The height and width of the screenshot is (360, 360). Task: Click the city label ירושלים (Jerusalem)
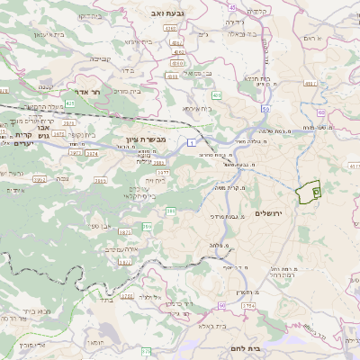pyautogui.click(x=269, y=213)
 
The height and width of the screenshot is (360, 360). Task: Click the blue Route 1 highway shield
pyautogui.click(x=192, y=142)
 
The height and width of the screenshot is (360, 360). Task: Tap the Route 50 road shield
pyautogui.click(x=265, y=109)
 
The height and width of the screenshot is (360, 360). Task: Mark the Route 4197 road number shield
pyautogui.click(x=311, y=83)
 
